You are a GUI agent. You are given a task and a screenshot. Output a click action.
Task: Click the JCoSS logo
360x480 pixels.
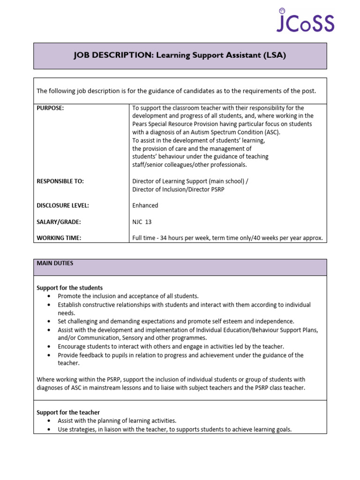click(x=305, y=21)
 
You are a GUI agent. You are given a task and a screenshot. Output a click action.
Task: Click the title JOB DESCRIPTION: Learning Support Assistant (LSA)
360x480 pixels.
click(x=180, y=55)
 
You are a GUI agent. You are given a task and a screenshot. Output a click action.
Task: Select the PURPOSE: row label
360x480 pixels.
click(x=50, y=108)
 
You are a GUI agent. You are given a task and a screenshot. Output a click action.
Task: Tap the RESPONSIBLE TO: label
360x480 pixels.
click(x=60, y=181)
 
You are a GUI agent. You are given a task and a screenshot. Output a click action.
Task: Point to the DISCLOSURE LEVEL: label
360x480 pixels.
click(x=62, y=205)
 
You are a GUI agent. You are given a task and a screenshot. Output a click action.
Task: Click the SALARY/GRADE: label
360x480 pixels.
click(x=59, y=222)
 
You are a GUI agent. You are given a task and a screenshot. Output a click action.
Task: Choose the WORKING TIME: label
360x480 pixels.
click(x=59, y=238)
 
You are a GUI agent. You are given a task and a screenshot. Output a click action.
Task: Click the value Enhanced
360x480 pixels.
click(x=145, y=205)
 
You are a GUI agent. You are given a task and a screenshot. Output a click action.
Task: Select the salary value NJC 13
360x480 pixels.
click(x=142, y=222)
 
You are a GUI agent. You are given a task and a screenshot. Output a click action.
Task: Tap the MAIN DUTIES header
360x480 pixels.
click(x=55, y=263)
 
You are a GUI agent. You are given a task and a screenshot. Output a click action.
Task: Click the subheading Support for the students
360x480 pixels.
click(x=69, y=288)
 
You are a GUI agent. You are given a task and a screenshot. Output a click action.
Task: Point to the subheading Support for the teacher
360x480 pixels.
click(x=68, y=412)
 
